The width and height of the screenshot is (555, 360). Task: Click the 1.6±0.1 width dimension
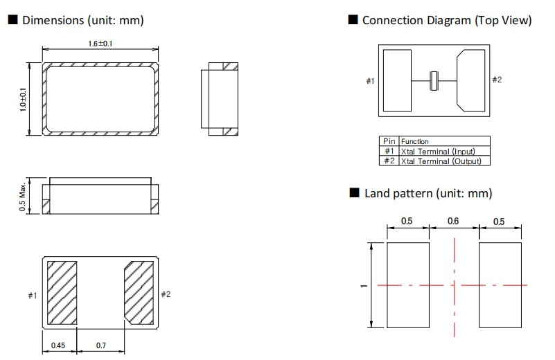[x=100, y=44]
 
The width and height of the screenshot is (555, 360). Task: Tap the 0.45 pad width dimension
[x=60, y=344]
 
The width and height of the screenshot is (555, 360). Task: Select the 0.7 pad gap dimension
[x=100, y=344]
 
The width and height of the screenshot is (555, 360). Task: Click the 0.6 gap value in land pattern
[x=453, y=222]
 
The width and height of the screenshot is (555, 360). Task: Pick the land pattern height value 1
[x=363, y=285]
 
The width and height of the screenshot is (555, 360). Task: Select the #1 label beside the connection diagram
[x=370, y=82]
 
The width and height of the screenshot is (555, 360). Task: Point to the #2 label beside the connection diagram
[x=497, y=80]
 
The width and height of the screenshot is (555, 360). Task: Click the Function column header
[x=415, y=141]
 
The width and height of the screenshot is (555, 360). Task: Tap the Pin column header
[x=389, y=141]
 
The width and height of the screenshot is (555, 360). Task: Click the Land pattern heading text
[x=428, y=193]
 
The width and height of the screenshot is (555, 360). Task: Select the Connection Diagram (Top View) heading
[x=446, y=20]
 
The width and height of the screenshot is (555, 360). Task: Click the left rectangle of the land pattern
[x=407, y=285]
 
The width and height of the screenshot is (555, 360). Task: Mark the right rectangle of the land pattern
[x=500, y=285]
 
